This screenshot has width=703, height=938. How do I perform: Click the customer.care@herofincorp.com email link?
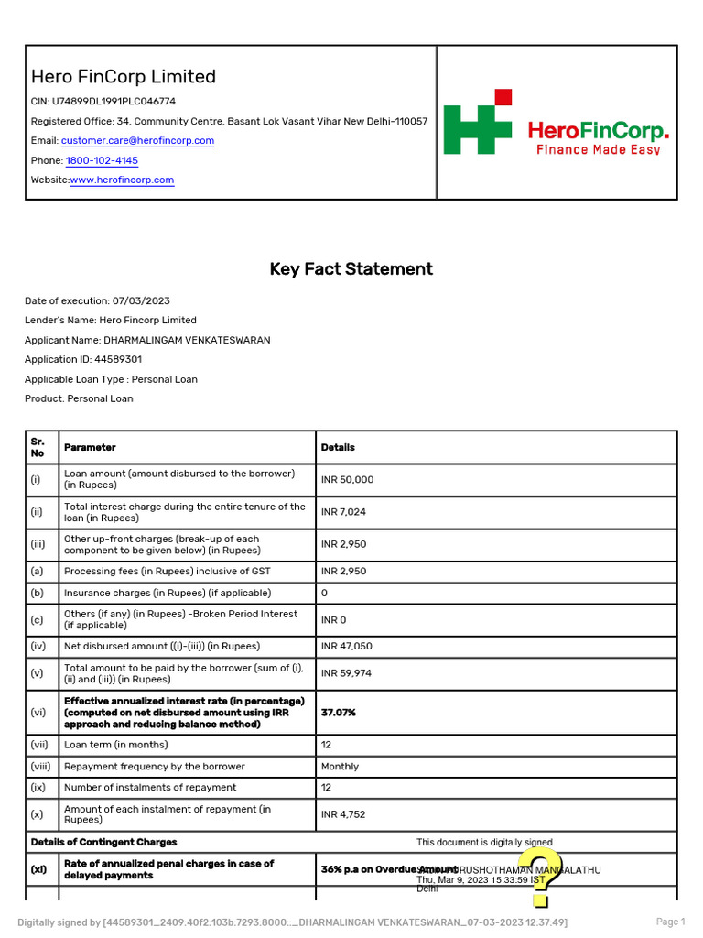pos(137,141)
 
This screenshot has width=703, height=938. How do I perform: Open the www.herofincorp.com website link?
pos(122,180)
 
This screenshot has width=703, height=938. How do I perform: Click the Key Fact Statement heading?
pos(351,269)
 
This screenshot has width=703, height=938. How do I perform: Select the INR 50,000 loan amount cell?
pos(348,480)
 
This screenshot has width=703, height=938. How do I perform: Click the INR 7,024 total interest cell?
pos(343,512)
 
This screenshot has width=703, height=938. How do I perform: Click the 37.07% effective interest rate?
pos(339,713)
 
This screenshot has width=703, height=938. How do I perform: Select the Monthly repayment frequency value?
pos(340,767)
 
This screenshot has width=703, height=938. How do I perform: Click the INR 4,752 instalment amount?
pos(344,814)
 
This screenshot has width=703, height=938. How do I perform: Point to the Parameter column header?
pos(90,448)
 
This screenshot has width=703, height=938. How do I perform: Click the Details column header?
pos(338,448)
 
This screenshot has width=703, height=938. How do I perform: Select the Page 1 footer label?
pos(670,922)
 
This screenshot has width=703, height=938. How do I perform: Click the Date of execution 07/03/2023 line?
pos(97,300)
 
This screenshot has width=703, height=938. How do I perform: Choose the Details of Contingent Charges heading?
pos(103,842)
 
